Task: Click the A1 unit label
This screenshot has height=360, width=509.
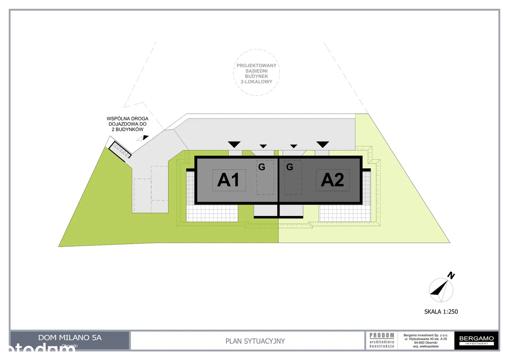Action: coord(229,180)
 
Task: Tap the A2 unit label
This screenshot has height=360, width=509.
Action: coord(332,180)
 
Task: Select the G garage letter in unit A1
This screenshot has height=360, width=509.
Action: coord(262,167)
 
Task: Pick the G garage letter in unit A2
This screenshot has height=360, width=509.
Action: coord(290,167)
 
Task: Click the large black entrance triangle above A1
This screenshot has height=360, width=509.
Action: coord(235,144)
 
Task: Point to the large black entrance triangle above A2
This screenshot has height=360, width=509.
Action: coord(322,144)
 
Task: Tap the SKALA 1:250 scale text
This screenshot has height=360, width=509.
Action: coord(441,311)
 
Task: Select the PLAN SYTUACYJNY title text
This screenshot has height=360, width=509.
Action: coord(255,341)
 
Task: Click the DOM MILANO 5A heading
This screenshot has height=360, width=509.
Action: coord(70,338)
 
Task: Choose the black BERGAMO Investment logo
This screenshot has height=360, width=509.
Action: coord(476,341)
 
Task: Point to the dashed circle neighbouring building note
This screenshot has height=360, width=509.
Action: coord(257,72)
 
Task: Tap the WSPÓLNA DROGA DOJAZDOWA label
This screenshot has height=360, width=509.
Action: coord(127,124)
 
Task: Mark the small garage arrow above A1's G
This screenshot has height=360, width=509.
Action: coord(262,146)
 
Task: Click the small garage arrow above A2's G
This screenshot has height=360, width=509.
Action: coord(294,146)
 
